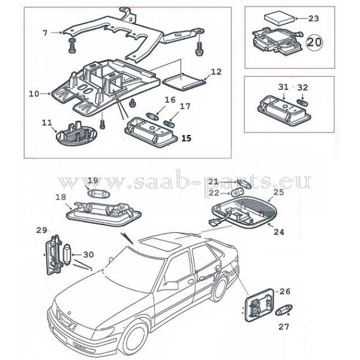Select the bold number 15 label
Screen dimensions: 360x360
(x=185, y=138)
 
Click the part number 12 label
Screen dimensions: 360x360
(x=216, y=72)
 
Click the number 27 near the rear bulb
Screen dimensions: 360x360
(x=284, y=328)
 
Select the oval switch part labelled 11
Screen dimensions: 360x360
(x=72, y=134)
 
